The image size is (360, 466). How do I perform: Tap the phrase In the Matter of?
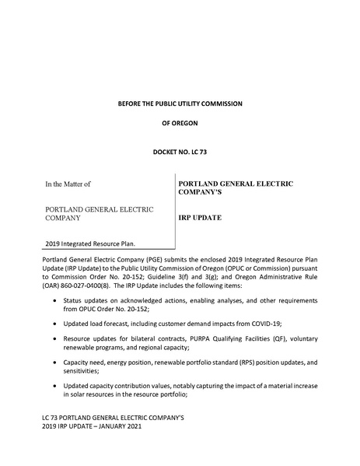[68, 184]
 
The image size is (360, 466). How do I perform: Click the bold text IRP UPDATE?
[200, 218]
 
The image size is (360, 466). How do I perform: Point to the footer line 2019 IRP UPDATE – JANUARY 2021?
[96, 427]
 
